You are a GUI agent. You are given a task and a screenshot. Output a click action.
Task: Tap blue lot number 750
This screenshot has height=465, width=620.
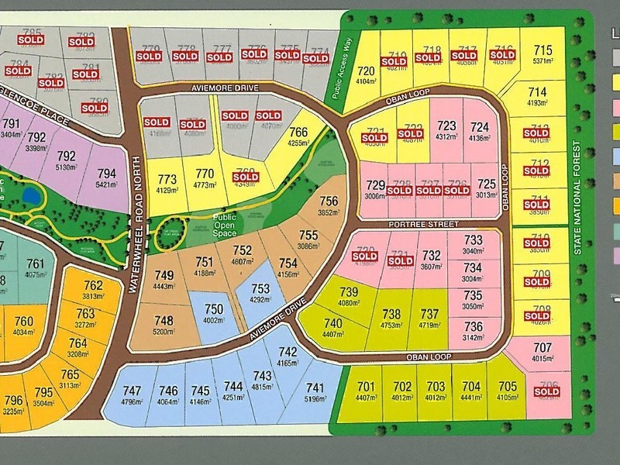213,314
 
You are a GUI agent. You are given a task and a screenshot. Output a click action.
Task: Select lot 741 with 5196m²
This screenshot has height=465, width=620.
315,392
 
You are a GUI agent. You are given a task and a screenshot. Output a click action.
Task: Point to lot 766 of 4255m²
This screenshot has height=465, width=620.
298,137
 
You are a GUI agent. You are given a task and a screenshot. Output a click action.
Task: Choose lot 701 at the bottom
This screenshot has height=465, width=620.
366,391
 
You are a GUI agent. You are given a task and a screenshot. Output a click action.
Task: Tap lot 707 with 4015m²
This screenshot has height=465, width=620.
543,352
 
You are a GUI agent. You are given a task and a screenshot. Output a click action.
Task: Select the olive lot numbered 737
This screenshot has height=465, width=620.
429,319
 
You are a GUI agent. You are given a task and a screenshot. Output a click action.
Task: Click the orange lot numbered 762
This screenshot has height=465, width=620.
93,290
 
